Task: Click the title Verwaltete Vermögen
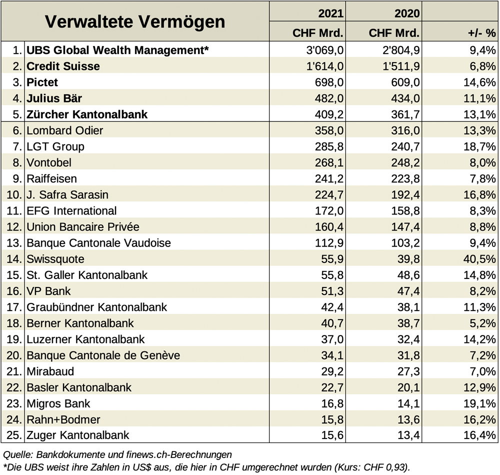[135, 21]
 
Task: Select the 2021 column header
[330, 13]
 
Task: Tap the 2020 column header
[407, 13]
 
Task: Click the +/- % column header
[482, 33]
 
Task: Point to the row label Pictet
[42, 82]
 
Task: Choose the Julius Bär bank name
[54, 98]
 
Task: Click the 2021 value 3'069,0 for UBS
[325, 50]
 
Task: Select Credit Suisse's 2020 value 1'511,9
[401, 66]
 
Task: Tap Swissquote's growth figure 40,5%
[479, 259]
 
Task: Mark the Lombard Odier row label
[64, 130]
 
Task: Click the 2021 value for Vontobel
[329, 162]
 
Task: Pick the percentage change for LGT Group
[479, 146]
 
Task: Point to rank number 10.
[14, 194]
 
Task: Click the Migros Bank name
[58, 403]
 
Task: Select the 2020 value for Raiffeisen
[405, 178]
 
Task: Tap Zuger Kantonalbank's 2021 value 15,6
[332, 435]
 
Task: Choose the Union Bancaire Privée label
[83, 226]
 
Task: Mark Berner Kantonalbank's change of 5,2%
[483, 323]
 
